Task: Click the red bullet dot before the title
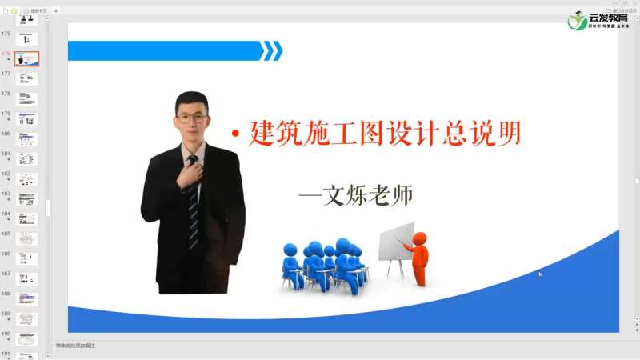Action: [236, 134]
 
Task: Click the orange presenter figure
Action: [418, 256]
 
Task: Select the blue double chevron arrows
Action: [272, 51]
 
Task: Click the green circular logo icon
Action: [577, 20]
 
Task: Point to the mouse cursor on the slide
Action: [540, 274]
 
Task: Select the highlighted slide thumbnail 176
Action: [26, 59]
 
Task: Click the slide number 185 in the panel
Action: [6, 234]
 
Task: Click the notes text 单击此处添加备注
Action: [75, 346]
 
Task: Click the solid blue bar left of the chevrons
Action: [164, 51]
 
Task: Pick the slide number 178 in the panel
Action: [6, 94]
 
